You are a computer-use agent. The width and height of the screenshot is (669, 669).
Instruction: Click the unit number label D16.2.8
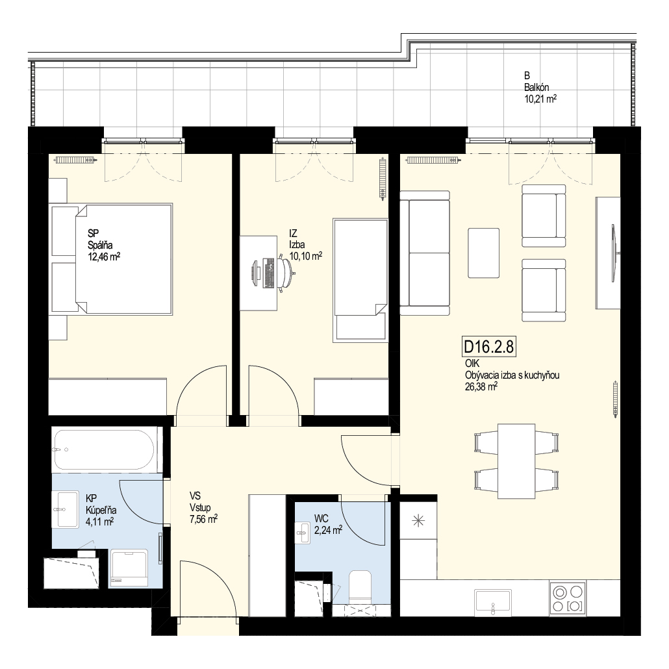[488, 346]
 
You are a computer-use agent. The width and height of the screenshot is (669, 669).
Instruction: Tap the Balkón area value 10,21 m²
[540, 99]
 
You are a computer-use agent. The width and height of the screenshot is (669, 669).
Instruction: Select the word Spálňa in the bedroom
[100, 245]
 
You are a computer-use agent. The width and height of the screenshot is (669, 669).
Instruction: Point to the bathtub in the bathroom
[103, 449]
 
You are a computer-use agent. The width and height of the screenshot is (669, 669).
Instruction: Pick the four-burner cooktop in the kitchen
[568, 598]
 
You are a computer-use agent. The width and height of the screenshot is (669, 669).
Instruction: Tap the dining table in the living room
[516, 461]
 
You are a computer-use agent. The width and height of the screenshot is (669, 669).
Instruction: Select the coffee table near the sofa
[483, 253]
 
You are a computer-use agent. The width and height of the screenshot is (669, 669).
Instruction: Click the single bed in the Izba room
[360, 281]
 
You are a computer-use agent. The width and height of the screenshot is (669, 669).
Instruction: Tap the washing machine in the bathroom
[129, 568]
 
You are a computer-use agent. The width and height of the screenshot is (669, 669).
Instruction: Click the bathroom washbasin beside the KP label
[66, 509]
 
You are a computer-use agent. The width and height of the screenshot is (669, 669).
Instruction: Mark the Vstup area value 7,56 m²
[203, 519]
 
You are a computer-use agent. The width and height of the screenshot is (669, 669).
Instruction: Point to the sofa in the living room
[425, 253]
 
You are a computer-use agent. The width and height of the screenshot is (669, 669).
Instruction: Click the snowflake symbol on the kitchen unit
[418, 520]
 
